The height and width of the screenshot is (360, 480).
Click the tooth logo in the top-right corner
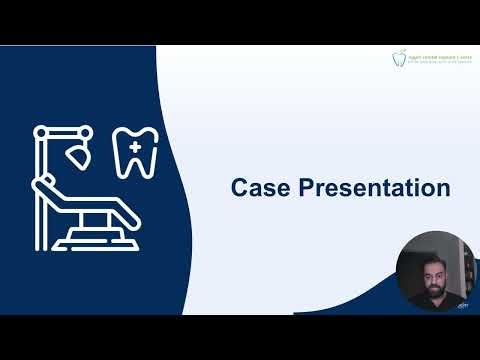click(x=402, y=59)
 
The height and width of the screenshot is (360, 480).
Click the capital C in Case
click(x=239, y=187)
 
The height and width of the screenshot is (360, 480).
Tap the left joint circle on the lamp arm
click(x=40, y=130)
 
